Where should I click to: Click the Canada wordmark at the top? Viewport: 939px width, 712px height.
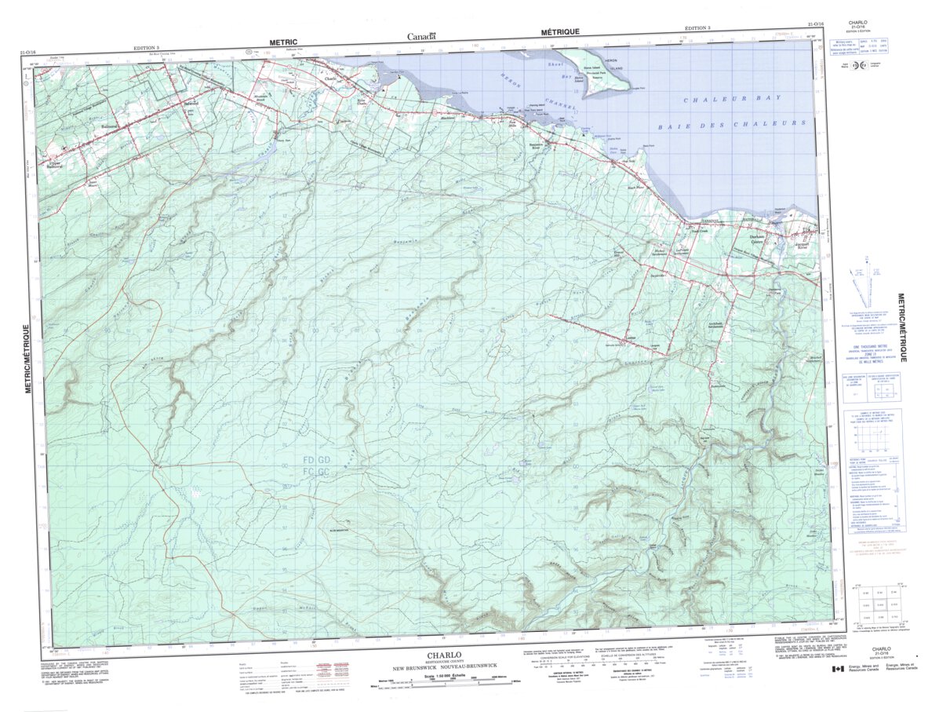(x=421, y=37)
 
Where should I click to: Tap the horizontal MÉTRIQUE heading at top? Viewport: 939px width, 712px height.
(x=560, y=31)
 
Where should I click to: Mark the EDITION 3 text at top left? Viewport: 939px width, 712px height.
(x=146, y=48)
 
